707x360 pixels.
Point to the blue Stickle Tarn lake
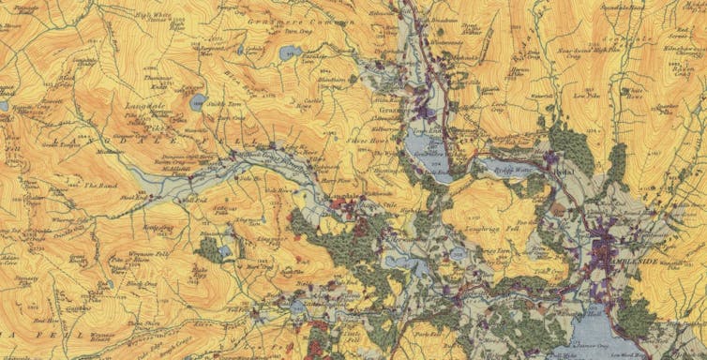196,101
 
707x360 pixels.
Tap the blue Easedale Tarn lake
290,52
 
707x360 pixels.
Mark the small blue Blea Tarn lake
212,249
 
